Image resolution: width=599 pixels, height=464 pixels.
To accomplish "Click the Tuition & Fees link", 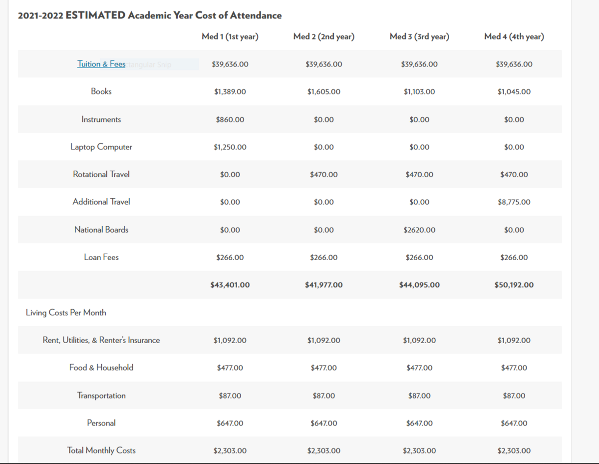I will (x=101, y=64).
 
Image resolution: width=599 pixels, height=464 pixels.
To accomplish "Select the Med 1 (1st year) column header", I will (x=230, y=36).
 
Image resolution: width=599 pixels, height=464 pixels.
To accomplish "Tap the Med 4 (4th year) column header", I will (x=514, y=36).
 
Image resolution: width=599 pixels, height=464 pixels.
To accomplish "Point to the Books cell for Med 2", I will (x=324, y=92).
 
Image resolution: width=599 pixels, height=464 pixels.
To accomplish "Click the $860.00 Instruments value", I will (x=230, y=120).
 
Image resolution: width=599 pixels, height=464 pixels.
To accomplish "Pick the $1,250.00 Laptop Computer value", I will (x=230, y=147).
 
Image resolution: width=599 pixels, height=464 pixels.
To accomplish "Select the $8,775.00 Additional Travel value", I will (x=514, y=202).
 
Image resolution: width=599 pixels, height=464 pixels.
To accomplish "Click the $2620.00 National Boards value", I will (x=419, y=230).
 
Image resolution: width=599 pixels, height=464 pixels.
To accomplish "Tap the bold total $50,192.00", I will (x=514, y=285).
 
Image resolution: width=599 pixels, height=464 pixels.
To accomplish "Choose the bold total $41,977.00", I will (x=324, y=285).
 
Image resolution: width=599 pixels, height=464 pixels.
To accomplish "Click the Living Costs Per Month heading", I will (x=66, y=313).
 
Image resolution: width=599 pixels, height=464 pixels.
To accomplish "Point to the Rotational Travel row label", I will (x=101, y=174).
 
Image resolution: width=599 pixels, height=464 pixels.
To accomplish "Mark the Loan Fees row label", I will (x=101, y=257).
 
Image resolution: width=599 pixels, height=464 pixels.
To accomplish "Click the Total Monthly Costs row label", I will (x=101, y=451).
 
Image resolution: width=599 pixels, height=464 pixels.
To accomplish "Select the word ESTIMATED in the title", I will (x=95, y=15).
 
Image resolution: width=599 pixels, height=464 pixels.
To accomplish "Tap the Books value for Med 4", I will (x=514, y=92).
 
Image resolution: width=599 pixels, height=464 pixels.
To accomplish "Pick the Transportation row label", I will (x=101, y=396).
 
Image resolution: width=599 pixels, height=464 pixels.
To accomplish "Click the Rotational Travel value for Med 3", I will (x=419, y=175).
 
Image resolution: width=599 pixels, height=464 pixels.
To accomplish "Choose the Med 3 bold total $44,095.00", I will (x=419, y=285).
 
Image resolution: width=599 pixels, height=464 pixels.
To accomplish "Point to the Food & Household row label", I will (x=101, y=368).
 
